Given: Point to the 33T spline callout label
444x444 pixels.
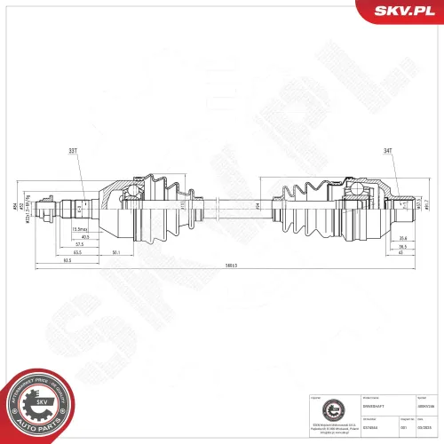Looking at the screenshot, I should (71, 151).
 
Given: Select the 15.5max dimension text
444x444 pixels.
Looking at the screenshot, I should (78, 229).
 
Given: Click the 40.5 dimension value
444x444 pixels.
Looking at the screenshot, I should (84, 237).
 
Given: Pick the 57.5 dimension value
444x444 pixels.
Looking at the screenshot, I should (79, 244).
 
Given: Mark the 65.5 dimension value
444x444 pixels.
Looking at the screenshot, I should (78, 252).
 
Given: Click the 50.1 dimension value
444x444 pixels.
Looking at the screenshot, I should (115, 252).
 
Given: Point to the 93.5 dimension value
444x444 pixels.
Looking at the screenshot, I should (67, 260).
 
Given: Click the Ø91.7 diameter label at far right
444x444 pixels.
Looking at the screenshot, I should (426, 207).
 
